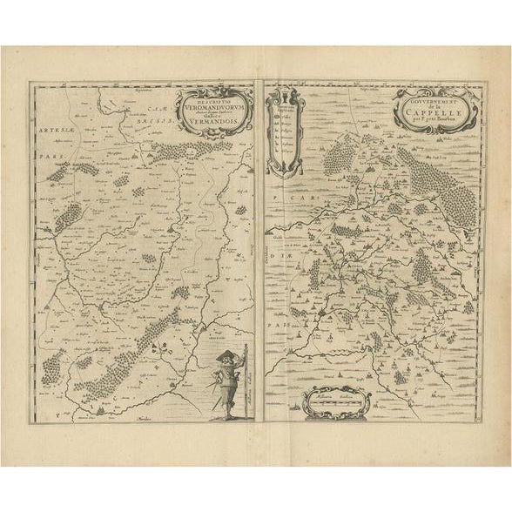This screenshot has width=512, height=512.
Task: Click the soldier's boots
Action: [x=225, y=414]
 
